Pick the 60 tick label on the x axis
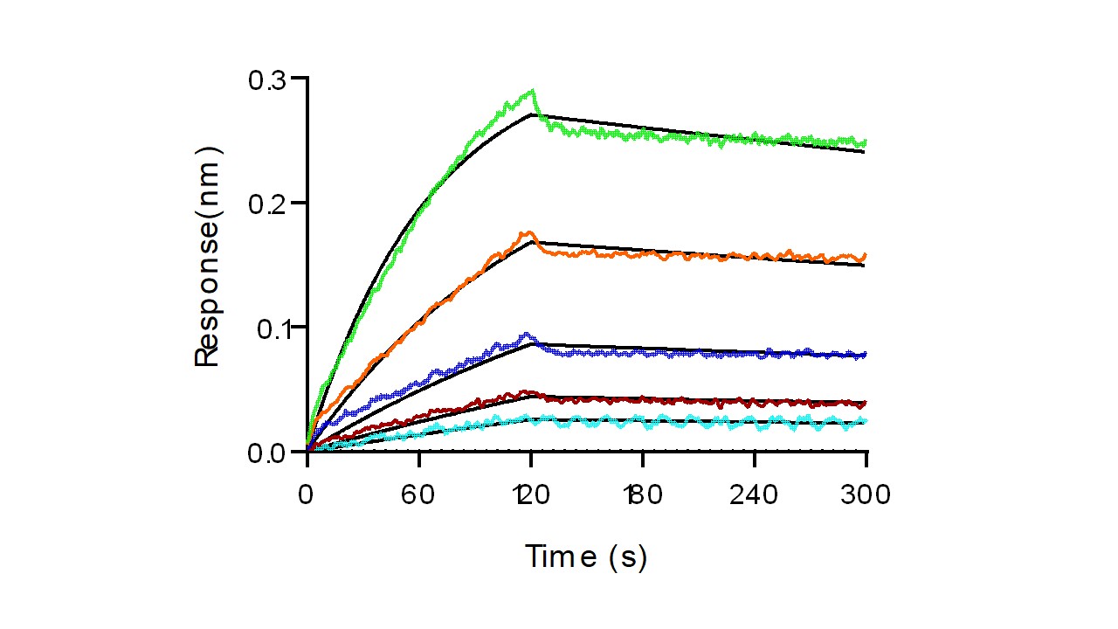tap(419, 495)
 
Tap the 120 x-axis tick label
tap(531, 495)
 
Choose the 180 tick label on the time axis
tap(643, 495)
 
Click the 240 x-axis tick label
tap(755, 495)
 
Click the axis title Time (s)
tap(586, 556)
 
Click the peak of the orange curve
tap(527, 232)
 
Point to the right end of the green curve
tap(866, 142)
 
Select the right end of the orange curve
tap(866, 256)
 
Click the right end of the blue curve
tap(866, 354)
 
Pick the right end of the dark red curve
tap(866, 404)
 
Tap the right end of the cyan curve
tap(866, 421)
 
